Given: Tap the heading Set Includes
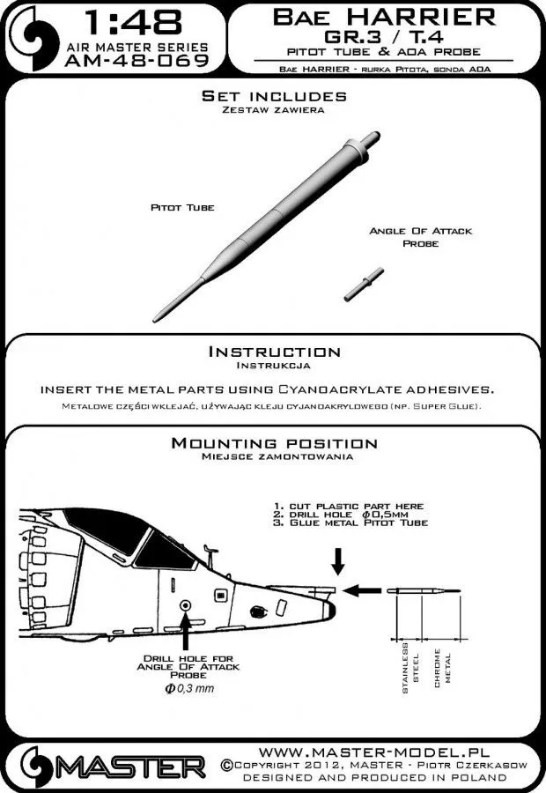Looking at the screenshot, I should click(x=274, y=95).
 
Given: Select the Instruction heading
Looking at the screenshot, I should click(x=273, y=352).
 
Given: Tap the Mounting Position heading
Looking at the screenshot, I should click(x=273, y=442).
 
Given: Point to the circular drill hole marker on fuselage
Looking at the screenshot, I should click(x=185, y=604).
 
